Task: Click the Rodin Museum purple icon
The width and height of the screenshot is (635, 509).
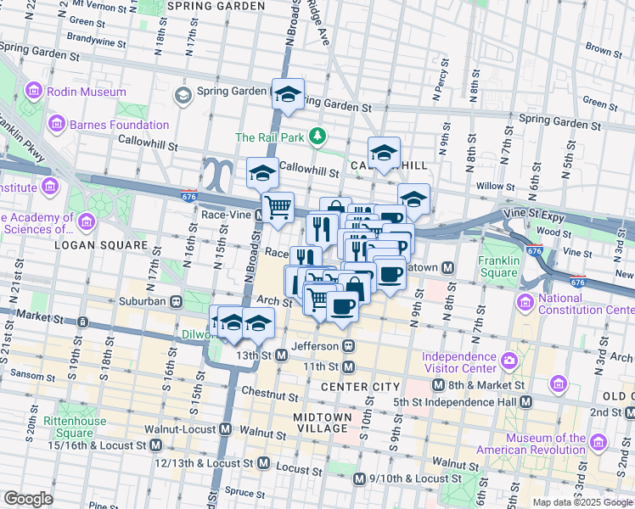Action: pos(34,91)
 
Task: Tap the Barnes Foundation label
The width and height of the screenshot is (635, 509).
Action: pos(119,125)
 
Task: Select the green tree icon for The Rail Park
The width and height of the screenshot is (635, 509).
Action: pos(317,136)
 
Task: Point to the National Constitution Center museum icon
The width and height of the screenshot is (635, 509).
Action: pos(525,302)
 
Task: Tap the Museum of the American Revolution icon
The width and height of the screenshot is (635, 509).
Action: pos(597,443)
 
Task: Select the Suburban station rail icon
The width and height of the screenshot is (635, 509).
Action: pos(176,300)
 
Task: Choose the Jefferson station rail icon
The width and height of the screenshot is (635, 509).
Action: pos(348,346)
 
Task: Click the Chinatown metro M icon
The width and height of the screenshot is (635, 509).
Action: pos(447,267)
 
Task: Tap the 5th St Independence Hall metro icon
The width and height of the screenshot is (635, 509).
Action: pos(526,401)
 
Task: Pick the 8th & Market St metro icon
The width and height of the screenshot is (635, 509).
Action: pos(438,385)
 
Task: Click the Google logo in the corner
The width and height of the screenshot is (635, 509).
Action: pos(28,499)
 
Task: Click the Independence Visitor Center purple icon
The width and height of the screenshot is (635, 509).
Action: pos(508,361)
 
